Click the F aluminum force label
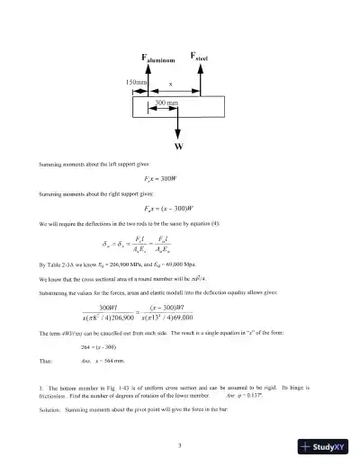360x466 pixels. pyautogui.click(x=163, y=60)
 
